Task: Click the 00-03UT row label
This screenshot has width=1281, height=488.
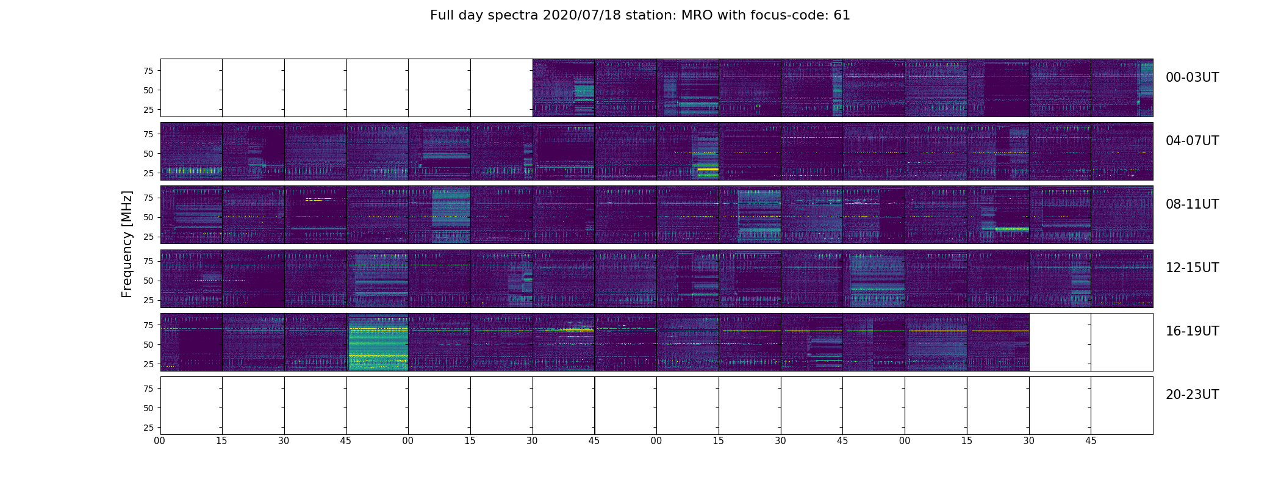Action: pos(1192,77)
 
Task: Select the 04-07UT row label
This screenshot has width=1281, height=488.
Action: pos(1192,141)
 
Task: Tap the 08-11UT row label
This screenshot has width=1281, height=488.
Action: pos(1192,204)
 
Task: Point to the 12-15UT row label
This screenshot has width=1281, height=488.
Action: pos(1192,268)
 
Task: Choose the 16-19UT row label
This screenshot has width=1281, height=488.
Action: pos(1192,331)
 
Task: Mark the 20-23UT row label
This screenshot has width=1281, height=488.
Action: pos(1192,395)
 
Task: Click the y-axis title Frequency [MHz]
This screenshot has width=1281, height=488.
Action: pos(127,244)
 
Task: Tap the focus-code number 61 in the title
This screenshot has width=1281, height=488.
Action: pos(842,15)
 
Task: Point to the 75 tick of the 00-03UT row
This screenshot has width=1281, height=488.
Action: pos(148,71)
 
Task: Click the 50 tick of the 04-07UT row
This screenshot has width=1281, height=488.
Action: pos(148,154)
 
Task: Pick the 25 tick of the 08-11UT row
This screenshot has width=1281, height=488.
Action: pos(148,237)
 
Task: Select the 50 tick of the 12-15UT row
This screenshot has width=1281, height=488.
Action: pos(148,281)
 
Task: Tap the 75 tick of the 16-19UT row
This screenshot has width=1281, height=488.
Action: pos(148,325)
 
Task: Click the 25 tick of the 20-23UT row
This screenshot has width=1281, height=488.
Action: pos(148,428)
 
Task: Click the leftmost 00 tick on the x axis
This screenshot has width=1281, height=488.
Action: pos(160,440)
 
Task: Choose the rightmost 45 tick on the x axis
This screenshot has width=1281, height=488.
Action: pos(1091,440)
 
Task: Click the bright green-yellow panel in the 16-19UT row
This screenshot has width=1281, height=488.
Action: pos(378,342)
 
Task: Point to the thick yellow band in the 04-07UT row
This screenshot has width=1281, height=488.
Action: pos(708,169)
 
